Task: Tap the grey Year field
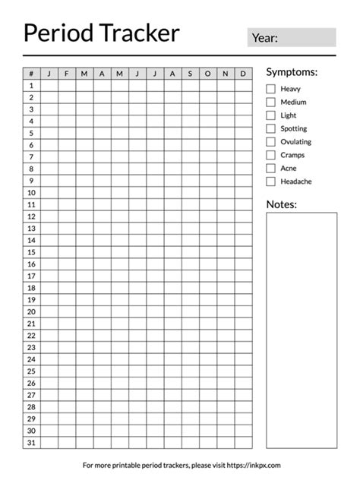pyautogui.click(x=292, y=38)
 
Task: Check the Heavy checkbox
pyautogui.click(x=271, y=89)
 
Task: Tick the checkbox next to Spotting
pyautogui.click(x=271, y=128)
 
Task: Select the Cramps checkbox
pyautogui.click(x=271, y=155)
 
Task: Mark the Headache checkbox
pyautogui.click(x=271, y=182)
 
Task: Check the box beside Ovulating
pyautogui.click(x=271, y=142)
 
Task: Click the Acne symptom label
pyautogui.click(x=289, y=168)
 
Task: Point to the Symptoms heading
pyautogui.click(x=292, y=71)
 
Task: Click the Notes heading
pyautogui.click(x=281, y=204)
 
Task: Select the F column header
pyautogui.click(x=67, y=74)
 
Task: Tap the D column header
pyautogui.click(x=243, y=74)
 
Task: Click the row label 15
pyautogui.click(x=32, y=252)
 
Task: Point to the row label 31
pyautogui.click(x=32, y=442)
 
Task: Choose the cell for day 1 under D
pyautogui.click(x=243, y=86)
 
